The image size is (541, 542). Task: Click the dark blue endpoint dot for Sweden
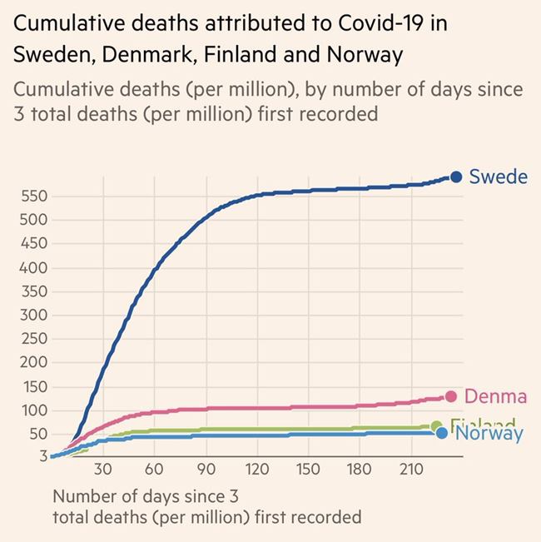point(456,177)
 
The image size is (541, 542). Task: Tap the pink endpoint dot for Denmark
point(451,396)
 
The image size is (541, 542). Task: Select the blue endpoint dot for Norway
point(442,432)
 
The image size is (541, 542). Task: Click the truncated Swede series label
point(498,177)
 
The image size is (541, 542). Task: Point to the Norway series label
point(489,434)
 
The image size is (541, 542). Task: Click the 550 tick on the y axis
point(35,197)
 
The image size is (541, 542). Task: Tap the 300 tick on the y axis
point(35,316)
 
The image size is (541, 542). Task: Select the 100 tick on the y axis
point(35,410)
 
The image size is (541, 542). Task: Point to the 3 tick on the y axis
point(41,456)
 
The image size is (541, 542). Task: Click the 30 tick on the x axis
point(102,469)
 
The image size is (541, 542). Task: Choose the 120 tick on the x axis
point(256,469)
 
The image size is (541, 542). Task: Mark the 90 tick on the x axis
point(206,469)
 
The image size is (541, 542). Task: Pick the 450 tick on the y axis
point(35,245)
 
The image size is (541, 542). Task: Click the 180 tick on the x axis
point(360,469)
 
